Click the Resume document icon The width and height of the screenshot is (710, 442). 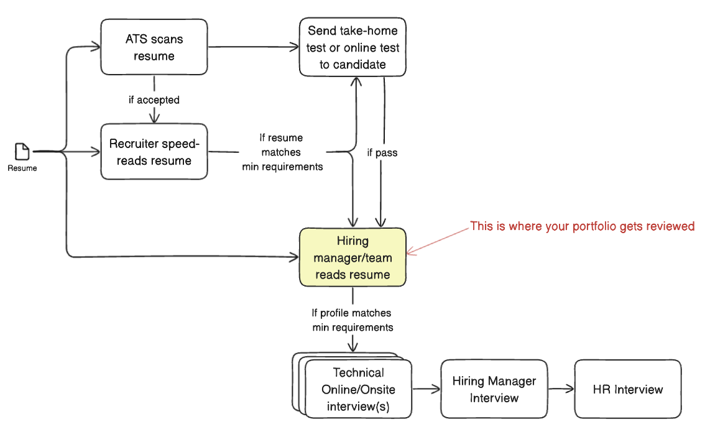point(22,151)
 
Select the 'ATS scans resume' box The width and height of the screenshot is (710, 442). point(154,47)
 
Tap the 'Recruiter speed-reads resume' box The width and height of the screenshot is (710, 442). point(154,152)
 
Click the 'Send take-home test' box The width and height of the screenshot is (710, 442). point(353,47)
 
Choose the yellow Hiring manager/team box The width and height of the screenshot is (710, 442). point(353,257)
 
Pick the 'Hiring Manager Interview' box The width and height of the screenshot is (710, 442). point(494,389)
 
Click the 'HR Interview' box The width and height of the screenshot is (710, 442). point(628,389)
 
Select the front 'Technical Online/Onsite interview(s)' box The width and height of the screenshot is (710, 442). point(359,389)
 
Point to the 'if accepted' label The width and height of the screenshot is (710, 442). point(154,99)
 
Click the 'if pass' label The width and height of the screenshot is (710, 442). point(382,152)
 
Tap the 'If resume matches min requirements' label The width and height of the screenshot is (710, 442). point(282,152)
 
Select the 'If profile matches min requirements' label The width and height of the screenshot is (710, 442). point(353,320)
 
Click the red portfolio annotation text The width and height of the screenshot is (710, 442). point(583,226)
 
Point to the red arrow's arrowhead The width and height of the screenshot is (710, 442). point(409,252)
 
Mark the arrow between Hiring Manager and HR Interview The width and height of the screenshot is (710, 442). point(561,389)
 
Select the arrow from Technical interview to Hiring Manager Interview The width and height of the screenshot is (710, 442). point(426,389)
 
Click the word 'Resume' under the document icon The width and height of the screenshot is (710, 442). point(22,168)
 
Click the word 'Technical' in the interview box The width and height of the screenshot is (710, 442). point(359,372)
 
